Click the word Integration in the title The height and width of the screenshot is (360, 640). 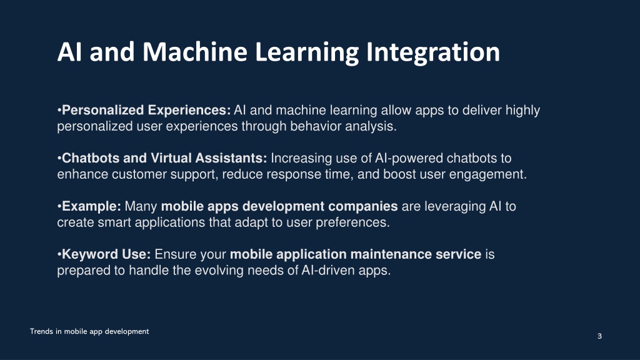tap(432, 52)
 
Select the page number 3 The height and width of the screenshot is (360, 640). tap(599, 336)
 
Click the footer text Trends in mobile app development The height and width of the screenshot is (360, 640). tap(89, 331)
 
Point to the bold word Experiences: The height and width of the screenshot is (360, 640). tap(189, 110)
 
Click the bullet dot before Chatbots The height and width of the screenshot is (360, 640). tap(59, 158)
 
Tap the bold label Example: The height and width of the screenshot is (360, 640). tap(91, 206)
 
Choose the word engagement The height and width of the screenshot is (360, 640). tap(487, 174)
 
